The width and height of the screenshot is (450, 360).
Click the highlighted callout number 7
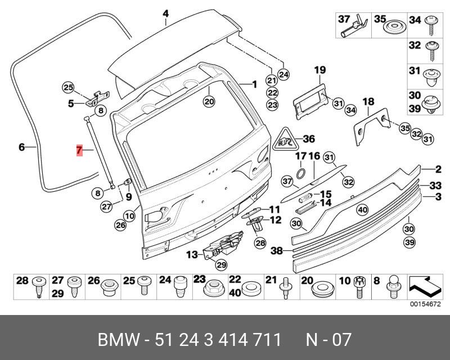click(79, 150)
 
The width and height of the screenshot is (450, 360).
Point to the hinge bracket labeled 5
click(97, 99)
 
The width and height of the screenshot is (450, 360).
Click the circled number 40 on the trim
click(362, 210)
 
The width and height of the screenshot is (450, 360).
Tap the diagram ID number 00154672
click(425, 304)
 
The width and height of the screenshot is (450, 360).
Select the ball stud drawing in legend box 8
click(393, 287)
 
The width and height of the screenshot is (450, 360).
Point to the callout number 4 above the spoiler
click(166, 13)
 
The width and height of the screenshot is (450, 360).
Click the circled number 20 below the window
click(209, 101)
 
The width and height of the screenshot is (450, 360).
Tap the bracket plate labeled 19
click(311, 101)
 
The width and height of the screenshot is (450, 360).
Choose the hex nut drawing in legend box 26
click(110, 286)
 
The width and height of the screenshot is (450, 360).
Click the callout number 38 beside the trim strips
click(277, 251)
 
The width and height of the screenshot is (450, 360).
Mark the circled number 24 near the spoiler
click(283, 75)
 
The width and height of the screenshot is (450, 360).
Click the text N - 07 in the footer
click(328, 340)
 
